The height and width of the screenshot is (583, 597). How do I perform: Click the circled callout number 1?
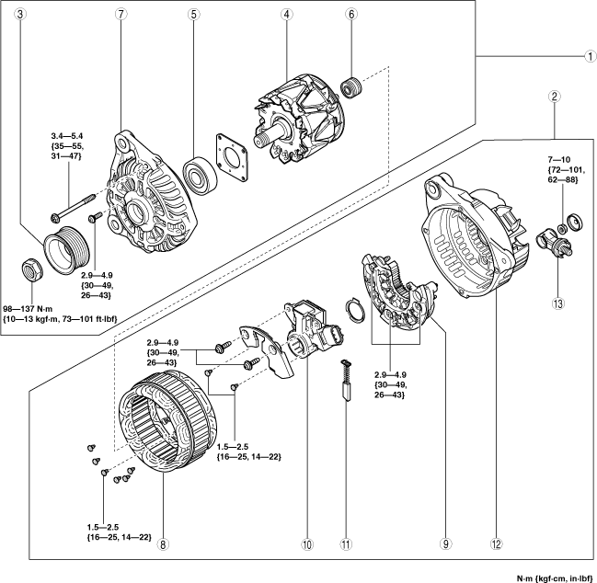point(591,56)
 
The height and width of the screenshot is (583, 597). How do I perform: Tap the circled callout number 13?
point(558,303)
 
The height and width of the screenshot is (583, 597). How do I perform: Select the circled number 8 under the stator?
point(163,545)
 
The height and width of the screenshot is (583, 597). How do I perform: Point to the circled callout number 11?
point(346,545)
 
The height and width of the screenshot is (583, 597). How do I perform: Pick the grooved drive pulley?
point(67,249)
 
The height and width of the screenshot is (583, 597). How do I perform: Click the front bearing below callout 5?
point(200,175)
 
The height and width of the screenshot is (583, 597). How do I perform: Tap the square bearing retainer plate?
point(232,156)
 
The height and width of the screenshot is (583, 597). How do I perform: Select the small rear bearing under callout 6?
point(351,86)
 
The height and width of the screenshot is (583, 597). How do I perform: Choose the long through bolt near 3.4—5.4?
point(73,208)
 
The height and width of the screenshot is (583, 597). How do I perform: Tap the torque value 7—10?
point(559,159)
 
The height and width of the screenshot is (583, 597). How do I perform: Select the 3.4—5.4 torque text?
point(67,136)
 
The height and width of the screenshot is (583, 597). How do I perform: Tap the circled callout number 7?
point(121,14)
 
